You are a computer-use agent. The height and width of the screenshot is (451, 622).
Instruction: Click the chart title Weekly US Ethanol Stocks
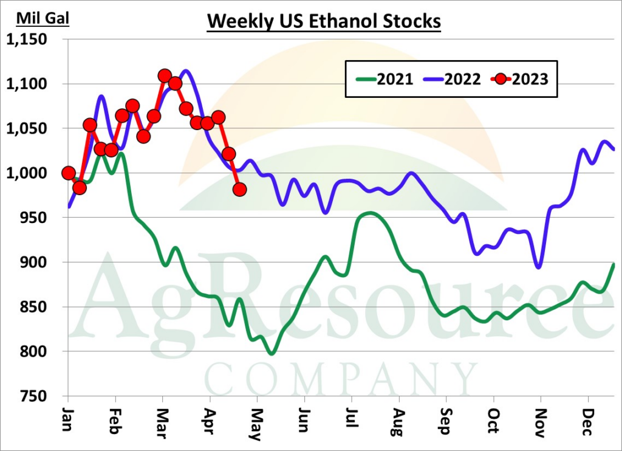(x=324, y=21)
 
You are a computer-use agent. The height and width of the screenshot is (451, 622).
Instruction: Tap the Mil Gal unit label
(x=43, y=18)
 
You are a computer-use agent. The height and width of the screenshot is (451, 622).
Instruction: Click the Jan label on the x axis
(x=68, y=419)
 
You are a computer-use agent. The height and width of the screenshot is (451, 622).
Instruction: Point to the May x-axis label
(x=258, y=420)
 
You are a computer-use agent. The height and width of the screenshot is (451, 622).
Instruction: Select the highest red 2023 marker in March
(x=164, y=76)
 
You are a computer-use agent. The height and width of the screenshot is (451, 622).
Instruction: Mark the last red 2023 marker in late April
(x=239, y=190)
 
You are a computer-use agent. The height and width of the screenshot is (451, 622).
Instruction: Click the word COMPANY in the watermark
(x=340, y=379)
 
